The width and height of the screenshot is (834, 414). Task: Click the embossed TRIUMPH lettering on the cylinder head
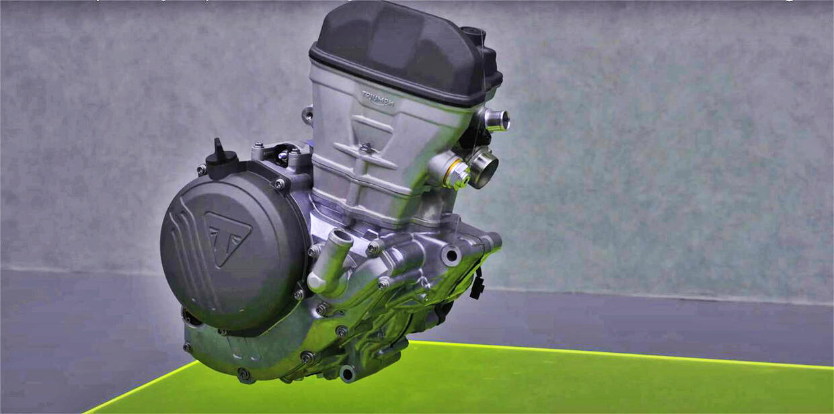click(x=378, y=99)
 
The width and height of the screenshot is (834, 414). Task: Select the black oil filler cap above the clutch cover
click(x=222, y=159)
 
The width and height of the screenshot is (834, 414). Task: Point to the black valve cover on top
click(x=405, y=52)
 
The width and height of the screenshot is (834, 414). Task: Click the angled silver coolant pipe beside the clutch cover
click(x=330, y=261)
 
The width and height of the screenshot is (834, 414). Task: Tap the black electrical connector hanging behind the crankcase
click(x=477, y=284)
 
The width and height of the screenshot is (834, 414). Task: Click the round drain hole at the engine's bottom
click(x=348, y=373)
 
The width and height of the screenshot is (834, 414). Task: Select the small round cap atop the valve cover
click(x=472, y=34)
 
